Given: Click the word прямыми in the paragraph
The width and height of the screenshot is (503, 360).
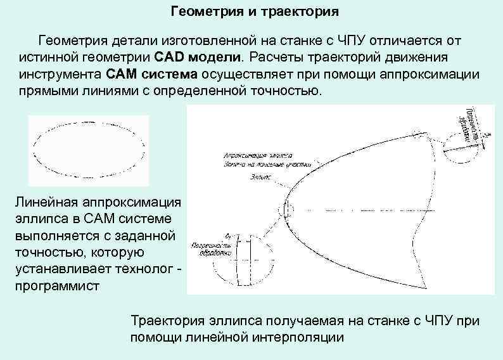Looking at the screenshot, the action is click(x=43, y=90).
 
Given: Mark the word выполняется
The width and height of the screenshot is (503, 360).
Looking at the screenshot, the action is click(x=53, y=237).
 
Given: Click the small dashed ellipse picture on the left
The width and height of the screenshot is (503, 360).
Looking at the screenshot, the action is click(x=89, y=151).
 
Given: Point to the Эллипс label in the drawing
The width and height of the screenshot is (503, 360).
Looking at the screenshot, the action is click(x=261, y=177).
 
